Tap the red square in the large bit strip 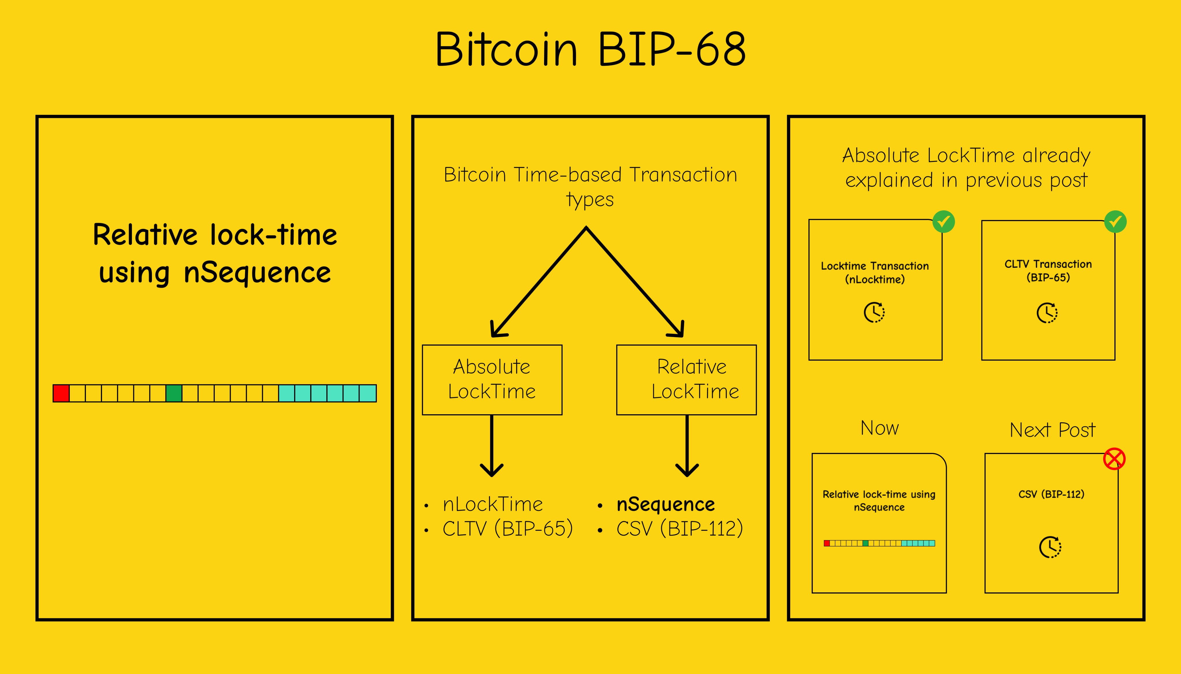(61, 393)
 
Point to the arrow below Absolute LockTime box (492, 446)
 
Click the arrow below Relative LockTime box (687, 446)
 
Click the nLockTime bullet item (492, 504)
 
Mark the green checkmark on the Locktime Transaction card (943, 222)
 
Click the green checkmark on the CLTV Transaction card (1115, 222)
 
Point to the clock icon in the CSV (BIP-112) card (1050, 547)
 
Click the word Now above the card (880, 428)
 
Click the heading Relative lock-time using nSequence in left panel (215, 254)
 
